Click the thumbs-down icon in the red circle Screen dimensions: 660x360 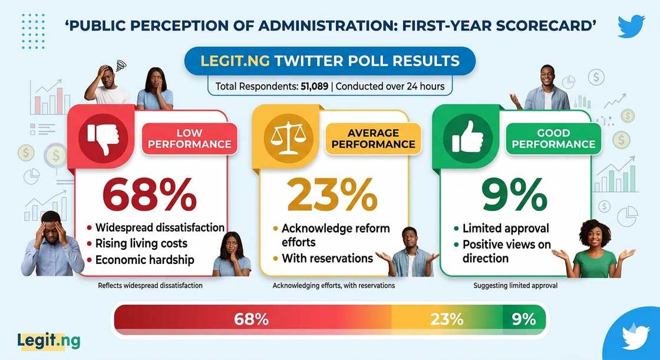coord(104,138)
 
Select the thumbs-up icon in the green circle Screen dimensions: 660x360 coord(468,137)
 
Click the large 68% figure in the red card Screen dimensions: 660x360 coord(150,194)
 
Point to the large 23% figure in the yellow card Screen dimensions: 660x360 coord(332,194)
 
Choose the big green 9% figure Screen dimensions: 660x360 coord(515,194)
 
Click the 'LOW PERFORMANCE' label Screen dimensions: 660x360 coord(189,138)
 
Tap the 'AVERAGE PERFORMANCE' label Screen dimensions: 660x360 coord(374,138)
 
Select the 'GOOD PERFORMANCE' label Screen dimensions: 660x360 coord(553,138)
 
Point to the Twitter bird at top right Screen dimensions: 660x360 coord(631,26)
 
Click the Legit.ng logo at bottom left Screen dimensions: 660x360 coord(49,341)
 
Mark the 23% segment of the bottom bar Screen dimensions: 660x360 coord(447,319)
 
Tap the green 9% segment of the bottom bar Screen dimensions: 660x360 coord(524,319)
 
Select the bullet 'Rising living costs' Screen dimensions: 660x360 coord(141,244)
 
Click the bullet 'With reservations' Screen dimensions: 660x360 coord(328,258)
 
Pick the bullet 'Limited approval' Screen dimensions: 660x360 coord(506,228)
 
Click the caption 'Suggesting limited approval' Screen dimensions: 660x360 coord(515,286)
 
